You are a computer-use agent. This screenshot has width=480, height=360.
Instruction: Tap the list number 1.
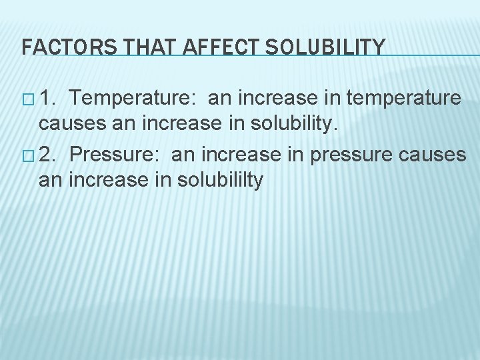[x=47, y=99]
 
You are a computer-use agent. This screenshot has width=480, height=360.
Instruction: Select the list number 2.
[x=47, y=154]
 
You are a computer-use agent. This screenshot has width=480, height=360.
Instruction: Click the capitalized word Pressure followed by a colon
[x=116, y=154]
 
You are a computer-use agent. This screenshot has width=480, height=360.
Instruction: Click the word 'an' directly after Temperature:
[x=219, y=99]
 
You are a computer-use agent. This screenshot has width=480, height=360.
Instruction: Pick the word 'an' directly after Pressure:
[x=183, y=155]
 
